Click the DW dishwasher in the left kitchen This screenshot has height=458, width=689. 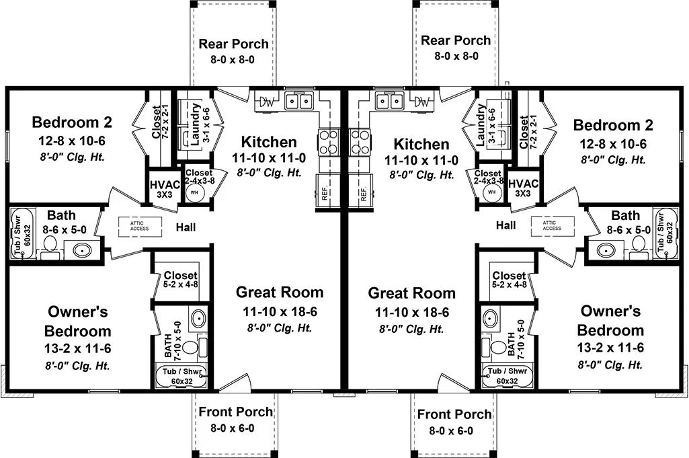point(266,102)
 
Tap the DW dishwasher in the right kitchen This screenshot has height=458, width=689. point(422,102)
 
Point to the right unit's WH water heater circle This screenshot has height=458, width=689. point(491,192)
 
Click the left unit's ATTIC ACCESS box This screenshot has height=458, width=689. point(140,226)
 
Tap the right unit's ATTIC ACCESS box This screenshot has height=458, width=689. point(552,225)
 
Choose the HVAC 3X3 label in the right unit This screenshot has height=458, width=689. point(523,188)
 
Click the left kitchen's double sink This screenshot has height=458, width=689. point(298,102)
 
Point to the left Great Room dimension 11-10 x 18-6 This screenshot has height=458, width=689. point(280,311)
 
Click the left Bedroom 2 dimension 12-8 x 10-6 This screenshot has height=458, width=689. point(72,141)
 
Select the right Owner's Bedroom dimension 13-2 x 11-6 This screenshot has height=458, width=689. point(610,348)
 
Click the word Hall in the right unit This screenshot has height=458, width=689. point(505,225)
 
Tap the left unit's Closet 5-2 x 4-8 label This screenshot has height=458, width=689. point(181,279)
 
